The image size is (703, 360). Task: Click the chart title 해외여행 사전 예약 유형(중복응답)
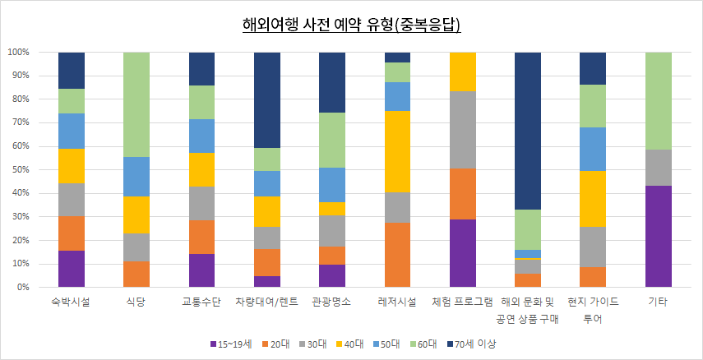point(351,25)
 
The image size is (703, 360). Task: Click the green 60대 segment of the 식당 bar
point(136,104)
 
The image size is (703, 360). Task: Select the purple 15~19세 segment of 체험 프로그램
point(463,253)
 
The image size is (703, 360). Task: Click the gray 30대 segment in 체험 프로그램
point(463,130)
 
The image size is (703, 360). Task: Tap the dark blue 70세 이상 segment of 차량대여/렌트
point(267,99)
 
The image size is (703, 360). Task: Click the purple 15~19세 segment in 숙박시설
point(72,269)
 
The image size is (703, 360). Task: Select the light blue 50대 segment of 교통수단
point(202,136)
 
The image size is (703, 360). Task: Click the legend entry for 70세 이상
point(476,343)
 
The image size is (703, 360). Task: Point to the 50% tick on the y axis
point(20,170)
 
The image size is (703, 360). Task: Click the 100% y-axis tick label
point(18,53)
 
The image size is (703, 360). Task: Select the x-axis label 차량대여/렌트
point(267,302)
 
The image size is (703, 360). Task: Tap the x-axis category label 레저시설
point(398,302)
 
